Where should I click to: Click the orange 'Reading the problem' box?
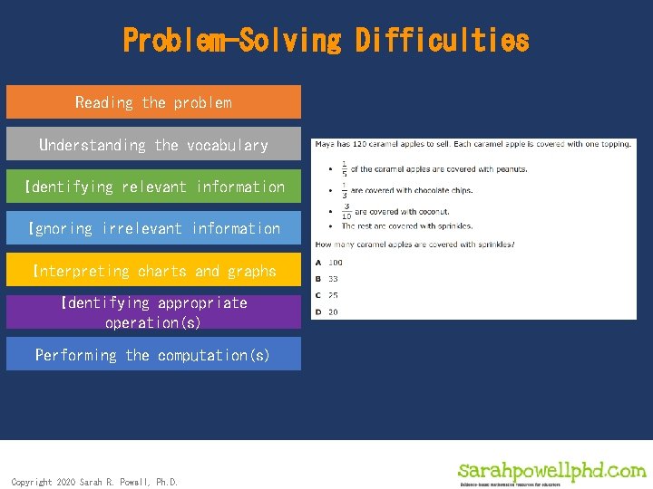[x=153, y=102]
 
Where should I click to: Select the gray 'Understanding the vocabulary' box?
[x=153, y=145]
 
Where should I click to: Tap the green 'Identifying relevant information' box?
[x=153, y=187]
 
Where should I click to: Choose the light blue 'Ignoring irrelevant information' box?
[x=153, y=228]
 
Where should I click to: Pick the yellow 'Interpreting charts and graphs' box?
[x=153, y=271]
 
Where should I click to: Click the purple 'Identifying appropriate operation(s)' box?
[x=153, y=312]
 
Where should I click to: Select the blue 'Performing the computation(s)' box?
[x=153, y=355]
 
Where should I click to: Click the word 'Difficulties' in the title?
[x=442, y=41]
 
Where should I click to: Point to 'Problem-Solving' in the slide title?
[x=231, y=41]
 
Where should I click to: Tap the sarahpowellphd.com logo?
[x=551, y=473]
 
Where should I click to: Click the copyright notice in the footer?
[x=94, y=482]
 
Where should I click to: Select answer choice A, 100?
[x=330, y=263]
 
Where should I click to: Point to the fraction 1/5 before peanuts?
[x=344, y=168]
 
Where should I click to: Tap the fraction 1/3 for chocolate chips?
[x=344, y=189]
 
